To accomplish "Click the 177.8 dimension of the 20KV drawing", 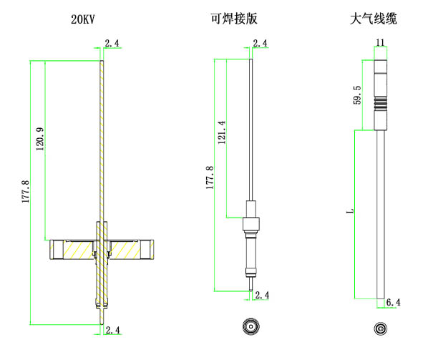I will point(25,192).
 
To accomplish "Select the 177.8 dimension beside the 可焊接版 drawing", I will point(208,177).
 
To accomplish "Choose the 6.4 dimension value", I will point(393,303).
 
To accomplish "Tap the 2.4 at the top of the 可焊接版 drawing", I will point(260,44).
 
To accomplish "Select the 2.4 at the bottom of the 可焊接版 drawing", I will point(262,295).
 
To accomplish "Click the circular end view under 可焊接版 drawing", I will point(251,327).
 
